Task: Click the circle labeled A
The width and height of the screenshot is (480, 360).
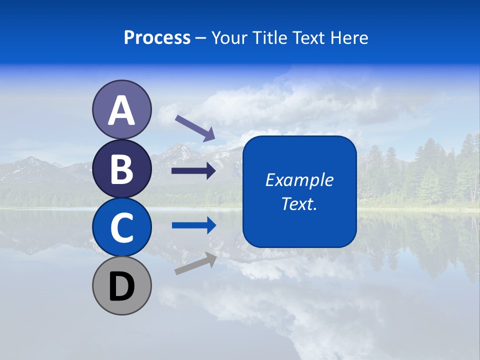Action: (121, 109)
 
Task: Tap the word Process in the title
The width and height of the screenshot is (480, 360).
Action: (157, 37)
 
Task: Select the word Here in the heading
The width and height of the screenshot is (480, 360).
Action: (349, 37)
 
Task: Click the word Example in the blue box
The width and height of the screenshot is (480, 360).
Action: (299, 180)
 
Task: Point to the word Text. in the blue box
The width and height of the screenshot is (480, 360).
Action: (299, 203)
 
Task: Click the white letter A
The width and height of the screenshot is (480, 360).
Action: (121, 110)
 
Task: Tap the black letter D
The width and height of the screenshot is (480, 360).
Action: (121, 286)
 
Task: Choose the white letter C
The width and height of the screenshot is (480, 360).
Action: (121, 227)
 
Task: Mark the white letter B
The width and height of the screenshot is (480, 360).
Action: (121, 169)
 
